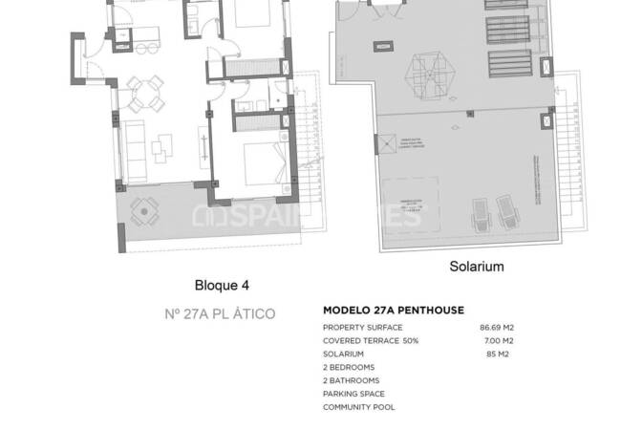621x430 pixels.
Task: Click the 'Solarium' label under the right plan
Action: tap(476, 267)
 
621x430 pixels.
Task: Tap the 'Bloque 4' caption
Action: tap(222, 284)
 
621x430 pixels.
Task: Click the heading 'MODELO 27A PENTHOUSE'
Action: tap(394, 311)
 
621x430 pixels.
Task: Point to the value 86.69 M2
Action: tap(496, 327)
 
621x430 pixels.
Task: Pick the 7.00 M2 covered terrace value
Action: tap(499, 340)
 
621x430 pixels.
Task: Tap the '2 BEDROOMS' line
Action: tap(349, 367)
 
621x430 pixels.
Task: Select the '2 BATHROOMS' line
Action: tap(351, 380)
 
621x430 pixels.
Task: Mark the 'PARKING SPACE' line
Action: tap(353, 394)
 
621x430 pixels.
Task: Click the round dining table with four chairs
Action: tap(145, 93)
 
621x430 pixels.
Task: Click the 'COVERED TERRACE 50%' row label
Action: tap(371, 340)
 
